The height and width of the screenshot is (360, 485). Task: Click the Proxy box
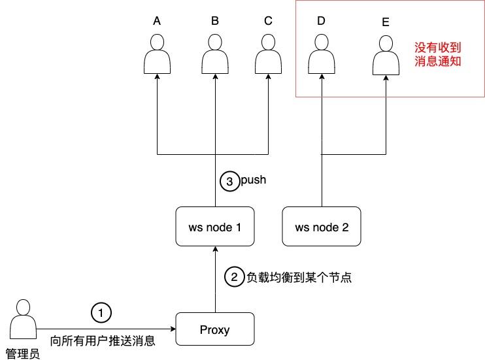[x=215, y=329]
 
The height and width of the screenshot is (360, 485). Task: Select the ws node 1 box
[x=215, y=227]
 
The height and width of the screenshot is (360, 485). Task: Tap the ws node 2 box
[x=322, y=227]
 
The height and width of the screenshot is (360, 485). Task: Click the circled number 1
[x=100, y=313]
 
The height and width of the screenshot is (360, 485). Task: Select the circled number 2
[x=233, y=277]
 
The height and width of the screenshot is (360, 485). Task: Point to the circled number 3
[x=229, y=182]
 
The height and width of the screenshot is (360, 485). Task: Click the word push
[x=254, y=180]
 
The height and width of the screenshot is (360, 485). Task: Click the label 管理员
[x=23, y=353]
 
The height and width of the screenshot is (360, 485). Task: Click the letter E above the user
[x=385, y=22]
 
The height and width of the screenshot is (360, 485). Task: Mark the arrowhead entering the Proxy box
[x=173, y=329]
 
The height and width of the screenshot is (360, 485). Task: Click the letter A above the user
[x=157, y=21]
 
